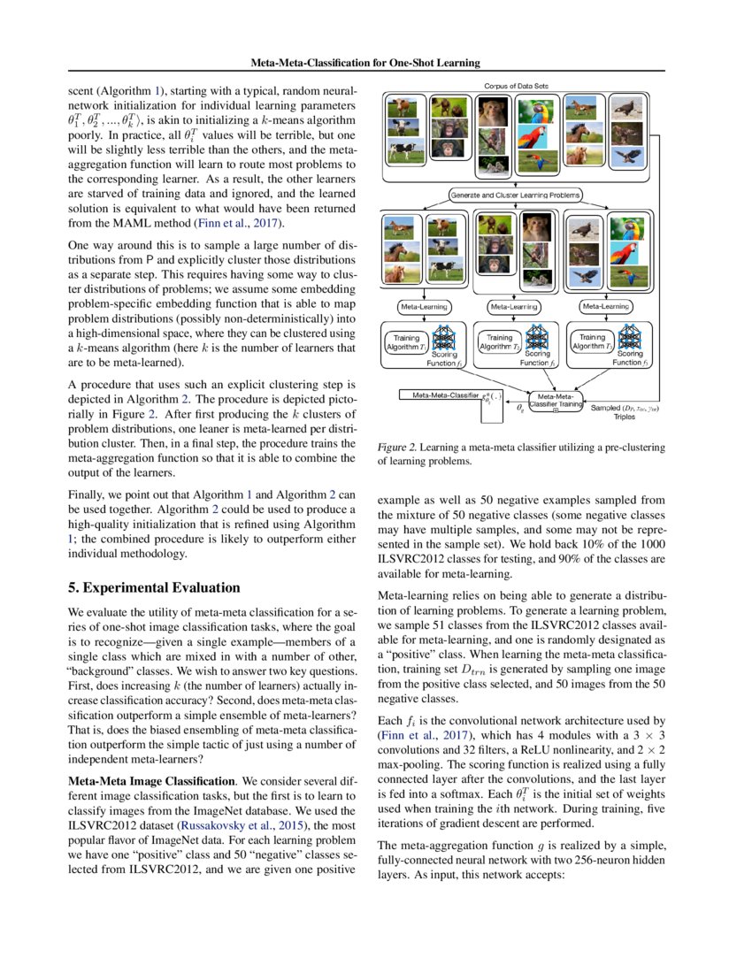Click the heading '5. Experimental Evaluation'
click(152, 586)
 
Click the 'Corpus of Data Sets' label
click(516, 86)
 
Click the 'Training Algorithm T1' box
click(403, 342)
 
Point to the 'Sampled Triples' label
click(625, 411)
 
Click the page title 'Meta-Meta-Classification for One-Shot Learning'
click(366, 63)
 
